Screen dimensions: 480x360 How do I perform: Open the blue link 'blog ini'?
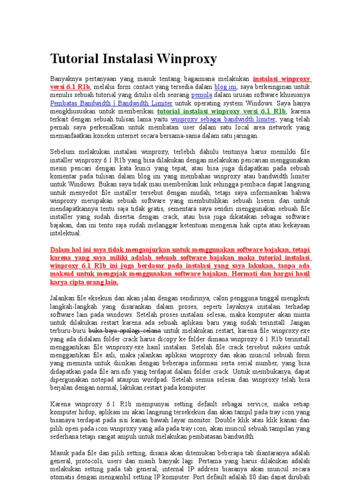click(x=225, y=87)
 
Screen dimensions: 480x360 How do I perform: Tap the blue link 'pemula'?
click(x=202, y=95)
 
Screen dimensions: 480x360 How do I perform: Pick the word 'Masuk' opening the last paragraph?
click(x=60, y=453)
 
